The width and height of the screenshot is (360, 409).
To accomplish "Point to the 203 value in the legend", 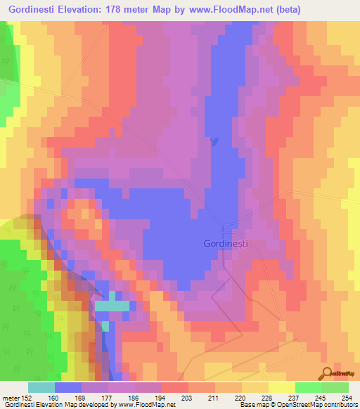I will tap(184, 396).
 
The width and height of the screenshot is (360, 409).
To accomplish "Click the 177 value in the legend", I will tap(108, 396).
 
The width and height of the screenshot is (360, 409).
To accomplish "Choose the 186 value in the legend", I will tap(133, 396).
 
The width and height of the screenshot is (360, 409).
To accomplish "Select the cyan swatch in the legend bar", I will tap(41, 387).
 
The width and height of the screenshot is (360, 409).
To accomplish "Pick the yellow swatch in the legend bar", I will tap(282, 387).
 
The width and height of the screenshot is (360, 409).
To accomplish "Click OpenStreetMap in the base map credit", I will tap(304, 405).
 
